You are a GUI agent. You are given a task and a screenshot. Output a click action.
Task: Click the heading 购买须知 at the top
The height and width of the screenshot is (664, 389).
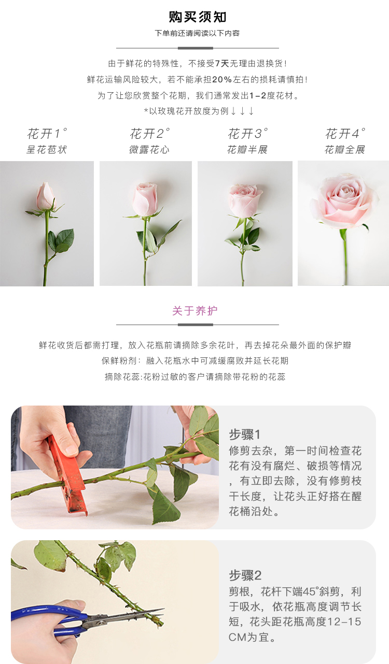pyautogui.click(x=198, y=17)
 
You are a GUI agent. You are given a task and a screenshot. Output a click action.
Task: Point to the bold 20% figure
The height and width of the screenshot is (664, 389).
pyautogui.click(x=222, y=79)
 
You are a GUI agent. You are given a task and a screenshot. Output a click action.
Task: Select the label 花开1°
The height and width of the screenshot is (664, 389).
pyautogui.click(x=47, y=134)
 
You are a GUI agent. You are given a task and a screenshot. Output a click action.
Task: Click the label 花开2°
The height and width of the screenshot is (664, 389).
pyautogui.click(x=150, y=134)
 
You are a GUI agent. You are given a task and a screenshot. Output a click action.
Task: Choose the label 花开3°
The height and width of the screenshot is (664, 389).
pyautogui.click(x=247, y=134)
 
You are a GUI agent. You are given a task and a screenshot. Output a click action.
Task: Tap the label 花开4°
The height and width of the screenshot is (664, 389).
pyautogui.click(x=345, y=134)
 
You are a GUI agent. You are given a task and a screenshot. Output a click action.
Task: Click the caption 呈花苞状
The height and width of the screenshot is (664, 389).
pyautogui.click(x=46, y=149)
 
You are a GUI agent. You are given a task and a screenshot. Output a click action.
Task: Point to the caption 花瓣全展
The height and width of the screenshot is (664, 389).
pyautogui.click(x=344, y=149)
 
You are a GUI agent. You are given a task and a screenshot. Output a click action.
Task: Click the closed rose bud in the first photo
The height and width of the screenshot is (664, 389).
pyautogui.click(x=46, y=196)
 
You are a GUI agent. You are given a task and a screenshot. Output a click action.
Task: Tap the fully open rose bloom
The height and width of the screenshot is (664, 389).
pyautogui.click(x=344, y=201)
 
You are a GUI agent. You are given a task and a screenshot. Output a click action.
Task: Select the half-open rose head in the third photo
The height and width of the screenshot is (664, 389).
pyautogui.click(x=245, y=200)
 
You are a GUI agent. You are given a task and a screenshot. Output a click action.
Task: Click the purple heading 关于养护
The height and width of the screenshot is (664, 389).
pyautogui.click(x=195, y=311)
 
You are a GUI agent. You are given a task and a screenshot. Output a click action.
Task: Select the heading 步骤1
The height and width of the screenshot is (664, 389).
pyautogui.click(x=244, y=435)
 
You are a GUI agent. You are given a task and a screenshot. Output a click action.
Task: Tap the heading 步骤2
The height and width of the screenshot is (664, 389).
pyautogui.click(x=245, y=575)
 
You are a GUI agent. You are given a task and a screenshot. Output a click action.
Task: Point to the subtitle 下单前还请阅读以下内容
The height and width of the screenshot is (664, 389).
pyautogui.click(x=197, y=33)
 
